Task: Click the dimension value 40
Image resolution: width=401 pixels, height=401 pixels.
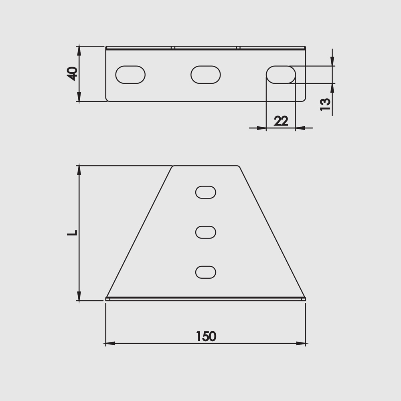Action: pyautogui.click(x=72, y=74)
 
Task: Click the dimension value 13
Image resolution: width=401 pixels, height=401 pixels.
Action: pyautogui.click(x=325, y=104)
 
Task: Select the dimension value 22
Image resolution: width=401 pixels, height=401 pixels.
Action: pyautogui.click(x=281, y=121)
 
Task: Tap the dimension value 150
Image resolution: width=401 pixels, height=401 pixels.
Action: pyautogui.click(x=206, y=336)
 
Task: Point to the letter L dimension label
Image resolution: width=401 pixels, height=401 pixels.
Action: pyautogui.click(x=72, y=233)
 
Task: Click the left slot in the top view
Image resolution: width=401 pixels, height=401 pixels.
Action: pyautogui.click(x=130, y=75)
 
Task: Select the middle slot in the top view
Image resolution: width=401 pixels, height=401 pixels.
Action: pyautogui.click(x=206, y=75)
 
